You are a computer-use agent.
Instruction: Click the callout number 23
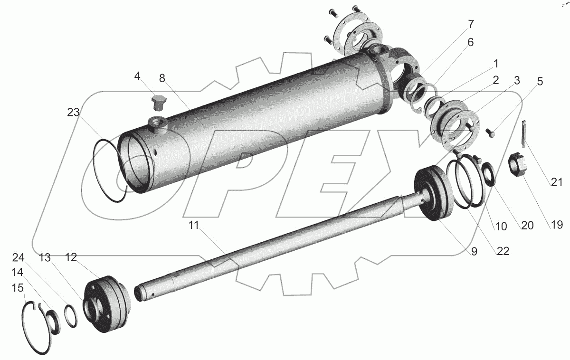[x=74, y=112]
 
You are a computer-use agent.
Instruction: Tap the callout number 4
[x=137, y=76]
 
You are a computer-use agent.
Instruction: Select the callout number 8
[x=162, y=78]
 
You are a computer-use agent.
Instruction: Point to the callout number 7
[x=471, y=24]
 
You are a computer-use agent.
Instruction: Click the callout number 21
[x=557, y=182]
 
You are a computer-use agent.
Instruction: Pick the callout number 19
[x=557, y=225]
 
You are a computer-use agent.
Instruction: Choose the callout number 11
[x=194, y=225]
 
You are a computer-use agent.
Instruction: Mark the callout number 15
[x=18, y=288]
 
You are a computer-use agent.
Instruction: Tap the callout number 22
[x=503, y=251]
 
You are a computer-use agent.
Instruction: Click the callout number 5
[x=540, y=81]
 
